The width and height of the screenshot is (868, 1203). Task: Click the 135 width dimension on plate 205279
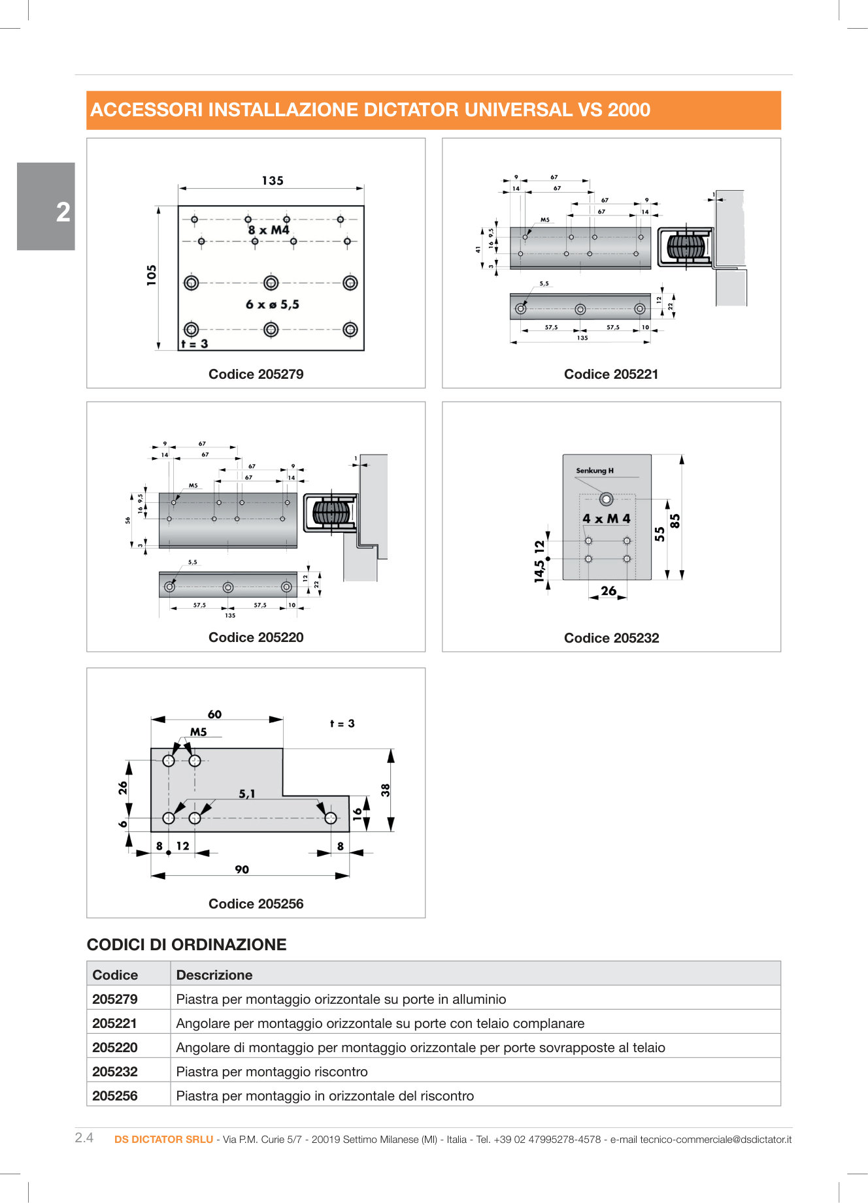[273, 180]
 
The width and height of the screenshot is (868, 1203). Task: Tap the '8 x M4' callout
[269, 230]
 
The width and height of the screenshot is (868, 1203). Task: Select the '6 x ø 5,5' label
[273, 304]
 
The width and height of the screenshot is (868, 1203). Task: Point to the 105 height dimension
[152, 275]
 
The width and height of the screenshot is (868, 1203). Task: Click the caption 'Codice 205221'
[610, 374]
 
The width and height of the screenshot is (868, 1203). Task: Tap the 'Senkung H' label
[594, 470]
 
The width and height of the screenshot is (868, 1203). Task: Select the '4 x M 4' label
[606, 519]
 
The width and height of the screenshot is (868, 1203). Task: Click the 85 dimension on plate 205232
[675, 521]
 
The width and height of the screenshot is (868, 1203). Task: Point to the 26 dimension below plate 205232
[608, 590]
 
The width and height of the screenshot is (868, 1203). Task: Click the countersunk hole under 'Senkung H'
[606, 499]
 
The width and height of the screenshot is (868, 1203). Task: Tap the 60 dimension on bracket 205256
[214, 714]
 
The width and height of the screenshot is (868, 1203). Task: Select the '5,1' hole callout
[246, 794]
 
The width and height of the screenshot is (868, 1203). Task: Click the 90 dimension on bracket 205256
[242, 869]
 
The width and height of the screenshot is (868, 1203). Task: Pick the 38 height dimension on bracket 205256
[386, 790]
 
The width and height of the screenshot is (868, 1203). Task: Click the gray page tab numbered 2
[46, 206]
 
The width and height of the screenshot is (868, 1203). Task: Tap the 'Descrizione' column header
[214, 975]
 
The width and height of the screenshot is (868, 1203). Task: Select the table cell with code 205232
[115, 1072]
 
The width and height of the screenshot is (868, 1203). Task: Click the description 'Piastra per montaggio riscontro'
[272, 1072]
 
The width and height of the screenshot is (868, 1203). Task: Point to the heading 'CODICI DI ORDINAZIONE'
[186, 944]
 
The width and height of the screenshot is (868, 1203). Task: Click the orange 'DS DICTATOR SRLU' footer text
[163, 1139]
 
